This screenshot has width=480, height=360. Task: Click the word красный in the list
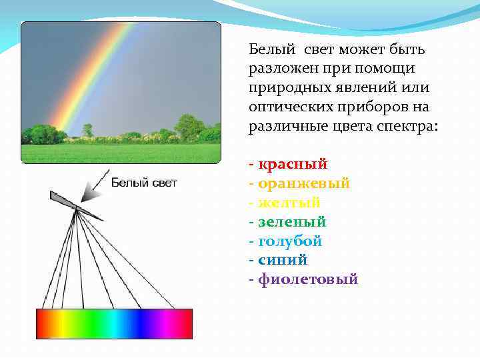293,164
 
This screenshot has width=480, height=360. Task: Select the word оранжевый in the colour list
303,183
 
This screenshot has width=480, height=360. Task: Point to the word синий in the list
283,261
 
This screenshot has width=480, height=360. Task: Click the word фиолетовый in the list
308,280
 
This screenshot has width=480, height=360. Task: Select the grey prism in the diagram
77,206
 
